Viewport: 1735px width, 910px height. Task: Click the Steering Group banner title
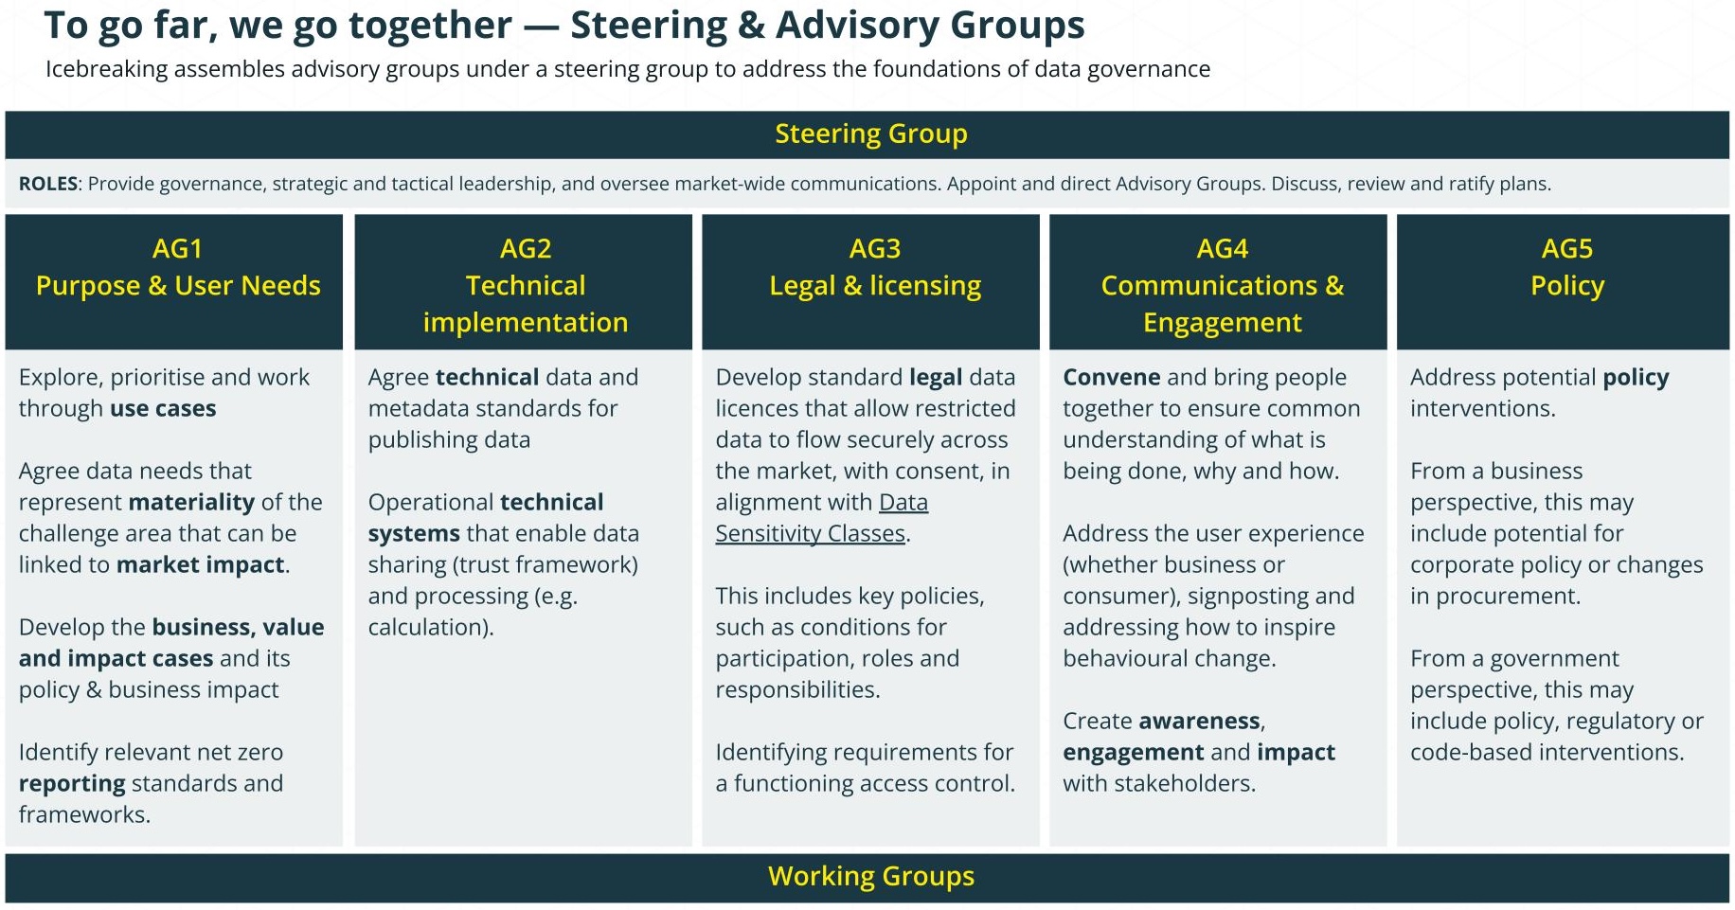(871, 134)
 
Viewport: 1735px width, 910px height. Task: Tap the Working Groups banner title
(871, 877)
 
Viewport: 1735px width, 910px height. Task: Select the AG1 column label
(177, 249)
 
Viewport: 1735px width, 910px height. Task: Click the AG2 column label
(526, 249)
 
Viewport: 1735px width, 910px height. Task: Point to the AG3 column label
(875, 249)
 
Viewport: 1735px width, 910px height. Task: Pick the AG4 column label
(1223, 249)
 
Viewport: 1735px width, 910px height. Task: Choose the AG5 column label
(1567, 249)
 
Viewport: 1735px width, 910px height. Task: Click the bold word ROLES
(48, 184)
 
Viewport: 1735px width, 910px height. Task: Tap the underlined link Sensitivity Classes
(810, 534)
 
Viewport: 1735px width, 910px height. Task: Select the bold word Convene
(1111, 377)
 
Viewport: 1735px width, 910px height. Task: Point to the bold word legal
(936, 378)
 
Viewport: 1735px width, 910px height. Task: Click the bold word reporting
(72, 784)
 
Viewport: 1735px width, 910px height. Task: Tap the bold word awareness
(1200, 722)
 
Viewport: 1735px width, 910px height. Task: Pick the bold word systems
(414, 534)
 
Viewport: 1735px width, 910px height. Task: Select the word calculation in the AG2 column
(428, 627)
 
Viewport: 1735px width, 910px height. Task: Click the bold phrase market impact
(200, 565)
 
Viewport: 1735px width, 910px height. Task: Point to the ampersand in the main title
(752, 26)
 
